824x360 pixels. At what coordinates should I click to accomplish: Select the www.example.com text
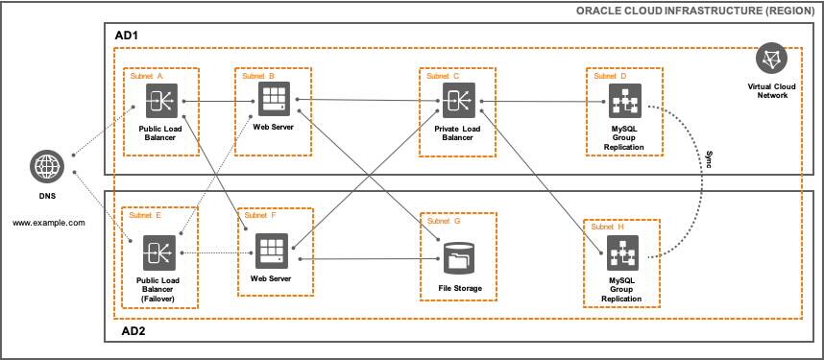49,222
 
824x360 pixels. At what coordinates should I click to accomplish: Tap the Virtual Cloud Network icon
769,60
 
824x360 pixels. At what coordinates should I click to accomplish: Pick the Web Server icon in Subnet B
273,98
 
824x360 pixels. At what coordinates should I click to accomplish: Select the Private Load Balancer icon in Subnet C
457,98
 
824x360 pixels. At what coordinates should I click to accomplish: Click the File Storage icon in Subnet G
457,256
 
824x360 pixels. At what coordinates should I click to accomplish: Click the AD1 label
127,36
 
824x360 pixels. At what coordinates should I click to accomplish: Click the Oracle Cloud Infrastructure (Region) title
695,11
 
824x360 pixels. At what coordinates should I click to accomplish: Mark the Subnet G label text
443,221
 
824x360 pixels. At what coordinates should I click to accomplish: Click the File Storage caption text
456,287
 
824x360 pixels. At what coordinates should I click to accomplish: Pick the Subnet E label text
146,216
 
